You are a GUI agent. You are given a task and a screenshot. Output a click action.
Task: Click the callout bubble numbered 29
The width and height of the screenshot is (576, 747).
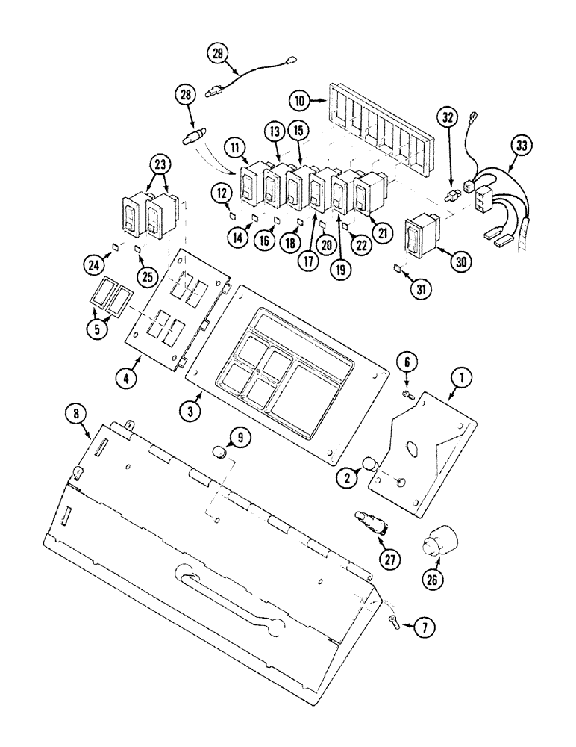point(217,53)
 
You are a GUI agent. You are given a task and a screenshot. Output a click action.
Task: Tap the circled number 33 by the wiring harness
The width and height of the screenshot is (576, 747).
point(520,146)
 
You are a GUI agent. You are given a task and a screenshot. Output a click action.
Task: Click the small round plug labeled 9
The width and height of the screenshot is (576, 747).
point(219,453)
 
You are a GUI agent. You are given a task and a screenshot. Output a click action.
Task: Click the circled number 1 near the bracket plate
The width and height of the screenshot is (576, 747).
point(462,380)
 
